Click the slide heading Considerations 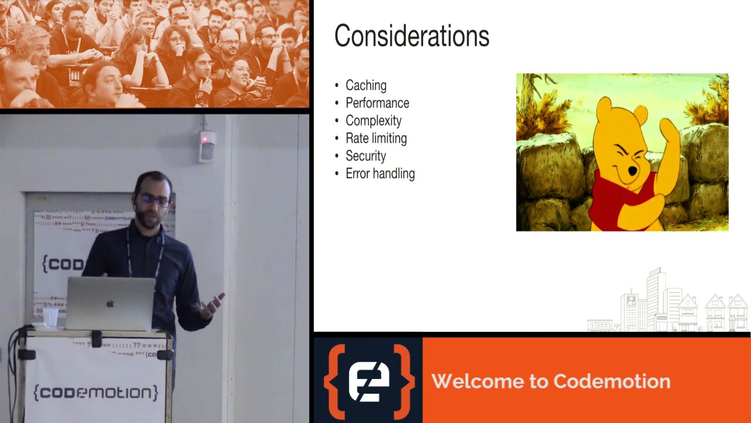pyautogui.click(x=411, y=36)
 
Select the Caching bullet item pyautogui.click(x=366, y=86)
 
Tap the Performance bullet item pyautogui.click(x=377, y=103)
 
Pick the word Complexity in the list pyautogui.click(x=373, y=121)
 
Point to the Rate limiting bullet pyautogui.click(x=376, y=139)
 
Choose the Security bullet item pyautogui.click(x=366, y=156)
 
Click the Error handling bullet pyautogui.click(x=380, y=174)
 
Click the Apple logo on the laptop pyautogui.click(x=110, y=304)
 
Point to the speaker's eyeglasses pyautogui.click(x=153, y=200)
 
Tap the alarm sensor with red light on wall pyautogui.click(x=207, y=145)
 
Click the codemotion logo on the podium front pyautogui.click(x=96, y=392)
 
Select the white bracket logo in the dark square pyautogui.click(x=368, y=381)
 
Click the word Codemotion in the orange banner pyautogui.click(x=611, y=381)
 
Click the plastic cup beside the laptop pyautogui.click(x=51, y=317)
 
